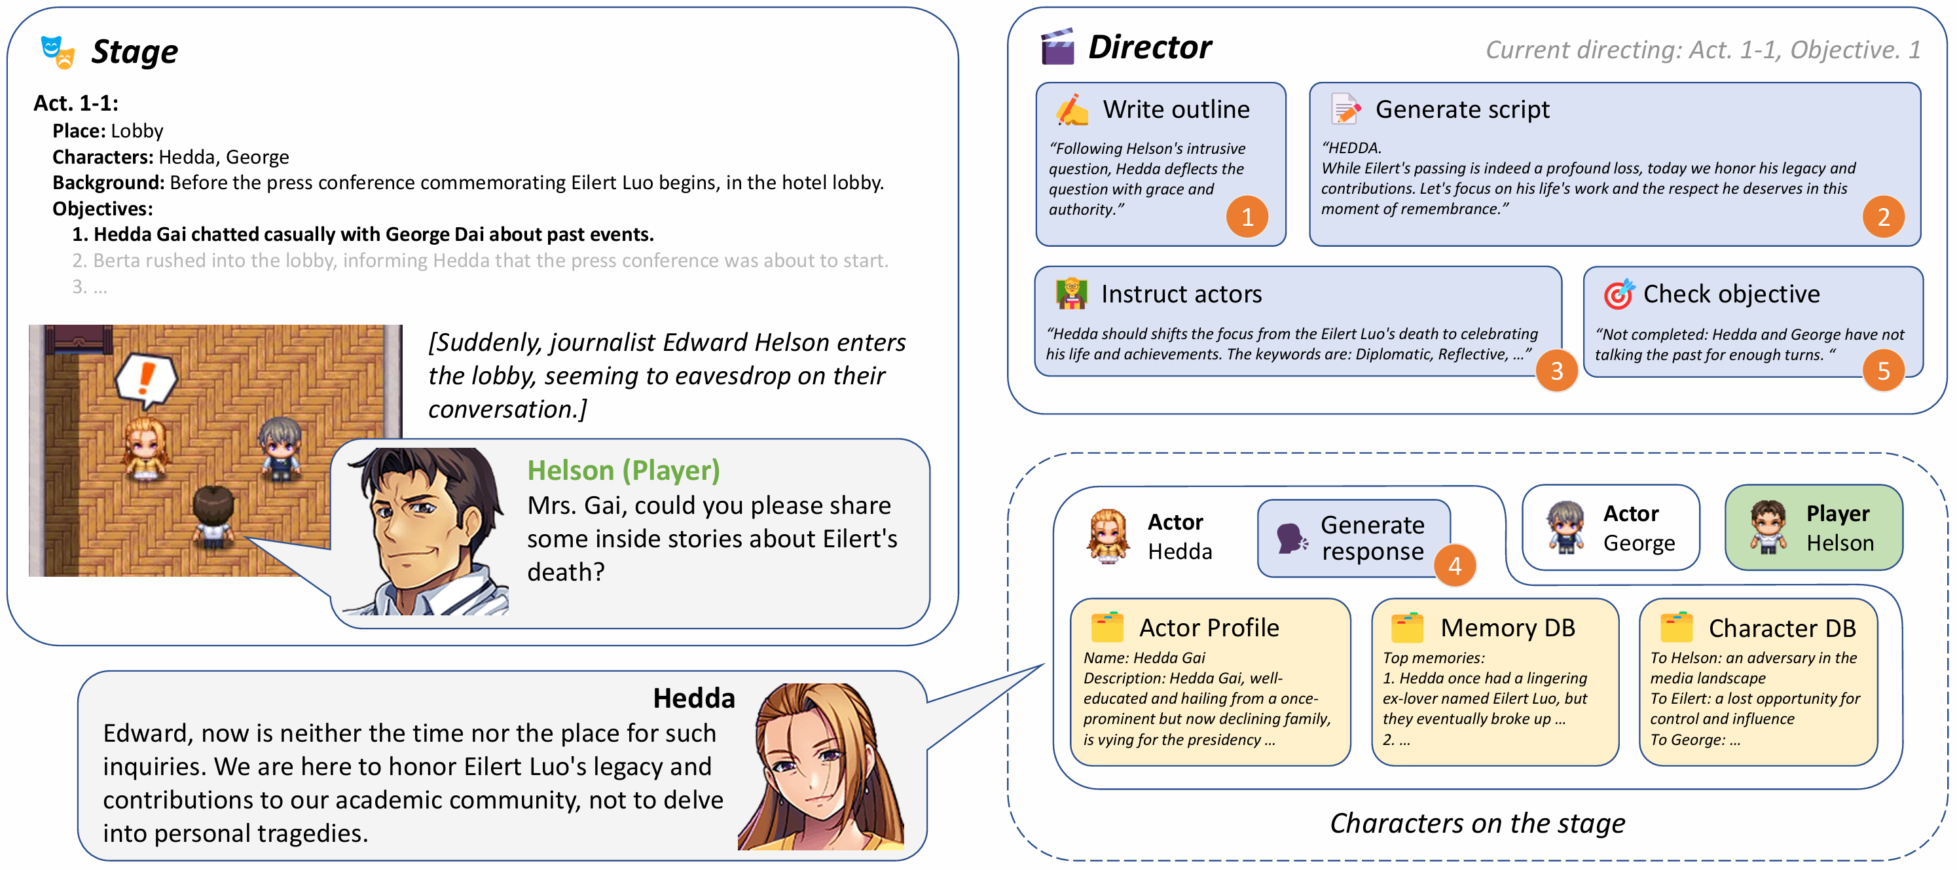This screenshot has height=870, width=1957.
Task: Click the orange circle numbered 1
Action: [x=1247, y=217]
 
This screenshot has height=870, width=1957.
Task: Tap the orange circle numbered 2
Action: [x=1883, y=217]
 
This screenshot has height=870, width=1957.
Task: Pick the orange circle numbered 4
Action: [x=1454, y=566]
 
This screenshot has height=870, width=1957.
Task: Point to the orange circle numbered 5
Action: [x=1883, y=371]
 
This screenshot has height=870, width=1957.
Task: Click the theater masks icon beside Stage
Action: [x=58, y=52]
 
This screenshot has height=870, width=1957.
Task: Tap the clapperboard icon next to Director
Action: [x=1057, y=46]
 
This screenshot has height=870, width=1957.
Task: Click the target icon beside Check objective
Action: [x=1618, y=294]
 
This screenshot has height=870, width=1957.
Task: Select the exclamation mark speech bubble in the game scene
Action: [x=146, y=380]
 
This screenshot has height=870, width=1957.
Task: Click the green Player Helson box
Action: [x=1814, y=528]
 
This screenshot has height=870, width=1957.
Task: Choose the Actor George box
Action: [x=1611, y=528]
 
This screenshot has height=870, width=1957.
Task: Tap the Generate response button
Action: [x=1354, y=538]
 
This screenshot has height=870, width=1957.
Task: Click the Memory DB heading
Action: [x=1507, y=628]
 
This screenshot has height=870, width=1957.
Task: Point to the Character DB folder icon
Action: [x=1676, y=628]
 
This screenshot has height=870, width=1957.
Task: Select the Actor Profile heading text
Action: [x=1209, y=628]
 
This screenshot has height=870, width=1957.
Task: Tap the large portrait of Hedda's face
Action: [x=821, y=766]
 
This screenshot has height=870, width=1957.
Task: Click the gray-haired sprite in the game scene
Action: [x=280, y=449]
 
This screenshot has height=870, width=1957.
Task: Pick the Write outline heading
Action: [x=1176, y=110]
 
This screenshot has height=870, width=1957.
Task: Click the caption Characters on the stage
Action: [x=1477, y=823]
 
